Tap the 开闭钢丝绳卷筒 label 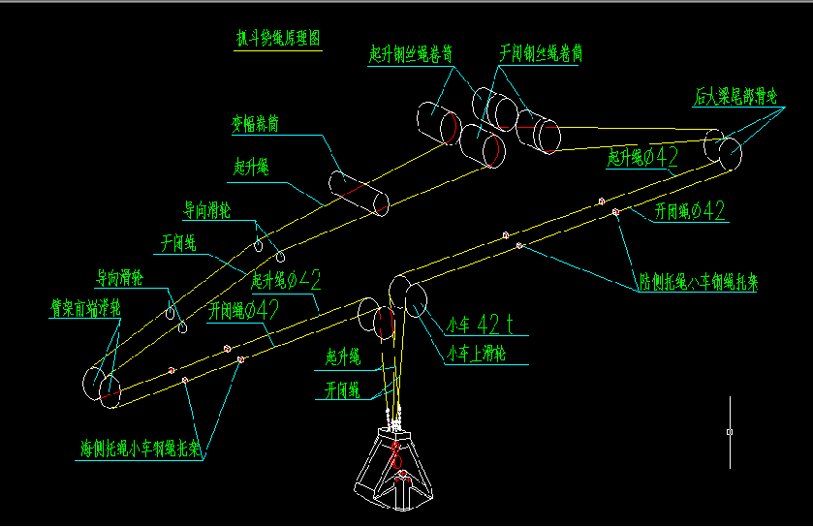(540, 54)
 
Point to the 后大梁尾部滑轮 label (736, 96)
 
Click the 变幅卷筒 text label (255, 124)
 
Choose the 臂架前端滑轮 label (85, 308)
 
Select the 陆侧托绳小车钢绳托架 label (699, 284)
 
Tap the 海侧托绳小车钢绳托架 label (141, 449)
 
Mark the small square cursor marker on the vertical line (730, 431)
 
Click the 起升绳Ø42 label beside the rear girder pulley (641, 157)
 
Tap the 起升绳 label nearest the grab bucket (343, 358)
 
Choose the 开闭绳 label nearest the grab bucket (342, 389)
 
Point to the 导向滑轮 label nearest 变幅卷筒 (207, 207)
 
